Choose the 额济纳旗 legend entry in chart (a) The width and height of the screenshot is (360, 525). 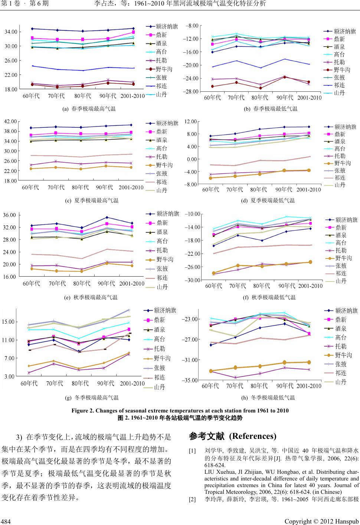click(163, 26)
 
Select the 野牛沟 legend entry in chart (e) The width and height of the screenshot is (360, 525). click(160, 259)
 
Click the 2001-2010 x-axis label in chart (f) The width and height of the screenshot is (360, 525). click(310, 286)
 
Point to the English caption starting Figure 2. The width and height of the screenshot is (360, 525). click(180, 410)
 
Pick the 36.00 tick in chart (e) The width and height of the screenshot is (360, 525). click(9, 215)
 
